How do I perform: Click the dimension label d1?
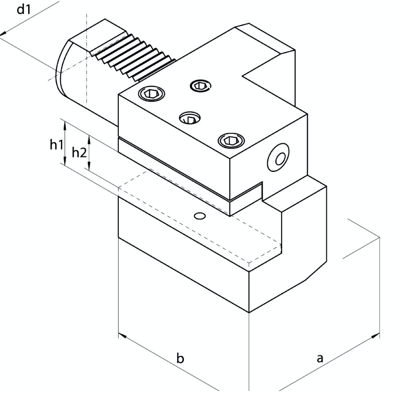24,10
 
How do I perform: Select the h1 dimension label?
56,145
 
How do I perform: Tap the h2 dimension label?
79,152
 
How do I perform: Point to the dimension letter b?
180,358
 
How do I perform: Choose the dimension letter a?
320,358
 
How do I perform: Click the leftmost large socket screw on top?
151,94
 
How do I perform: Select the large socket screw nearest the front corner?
231,140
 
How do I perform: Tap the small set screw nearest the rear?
200,85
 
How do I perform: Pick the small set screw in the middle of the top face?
190,118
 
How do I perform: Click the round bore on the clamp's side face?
278,157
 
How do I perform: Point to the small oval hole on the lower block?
199,216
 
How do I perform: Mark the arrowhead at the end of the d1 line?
3,34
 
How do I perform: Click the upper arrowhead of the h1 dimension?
65,124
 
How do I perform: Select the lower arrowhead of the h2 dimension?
89,167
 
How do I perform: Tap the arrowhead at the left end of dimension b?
122,335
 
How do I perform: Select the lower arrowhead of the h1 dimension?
65,161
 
